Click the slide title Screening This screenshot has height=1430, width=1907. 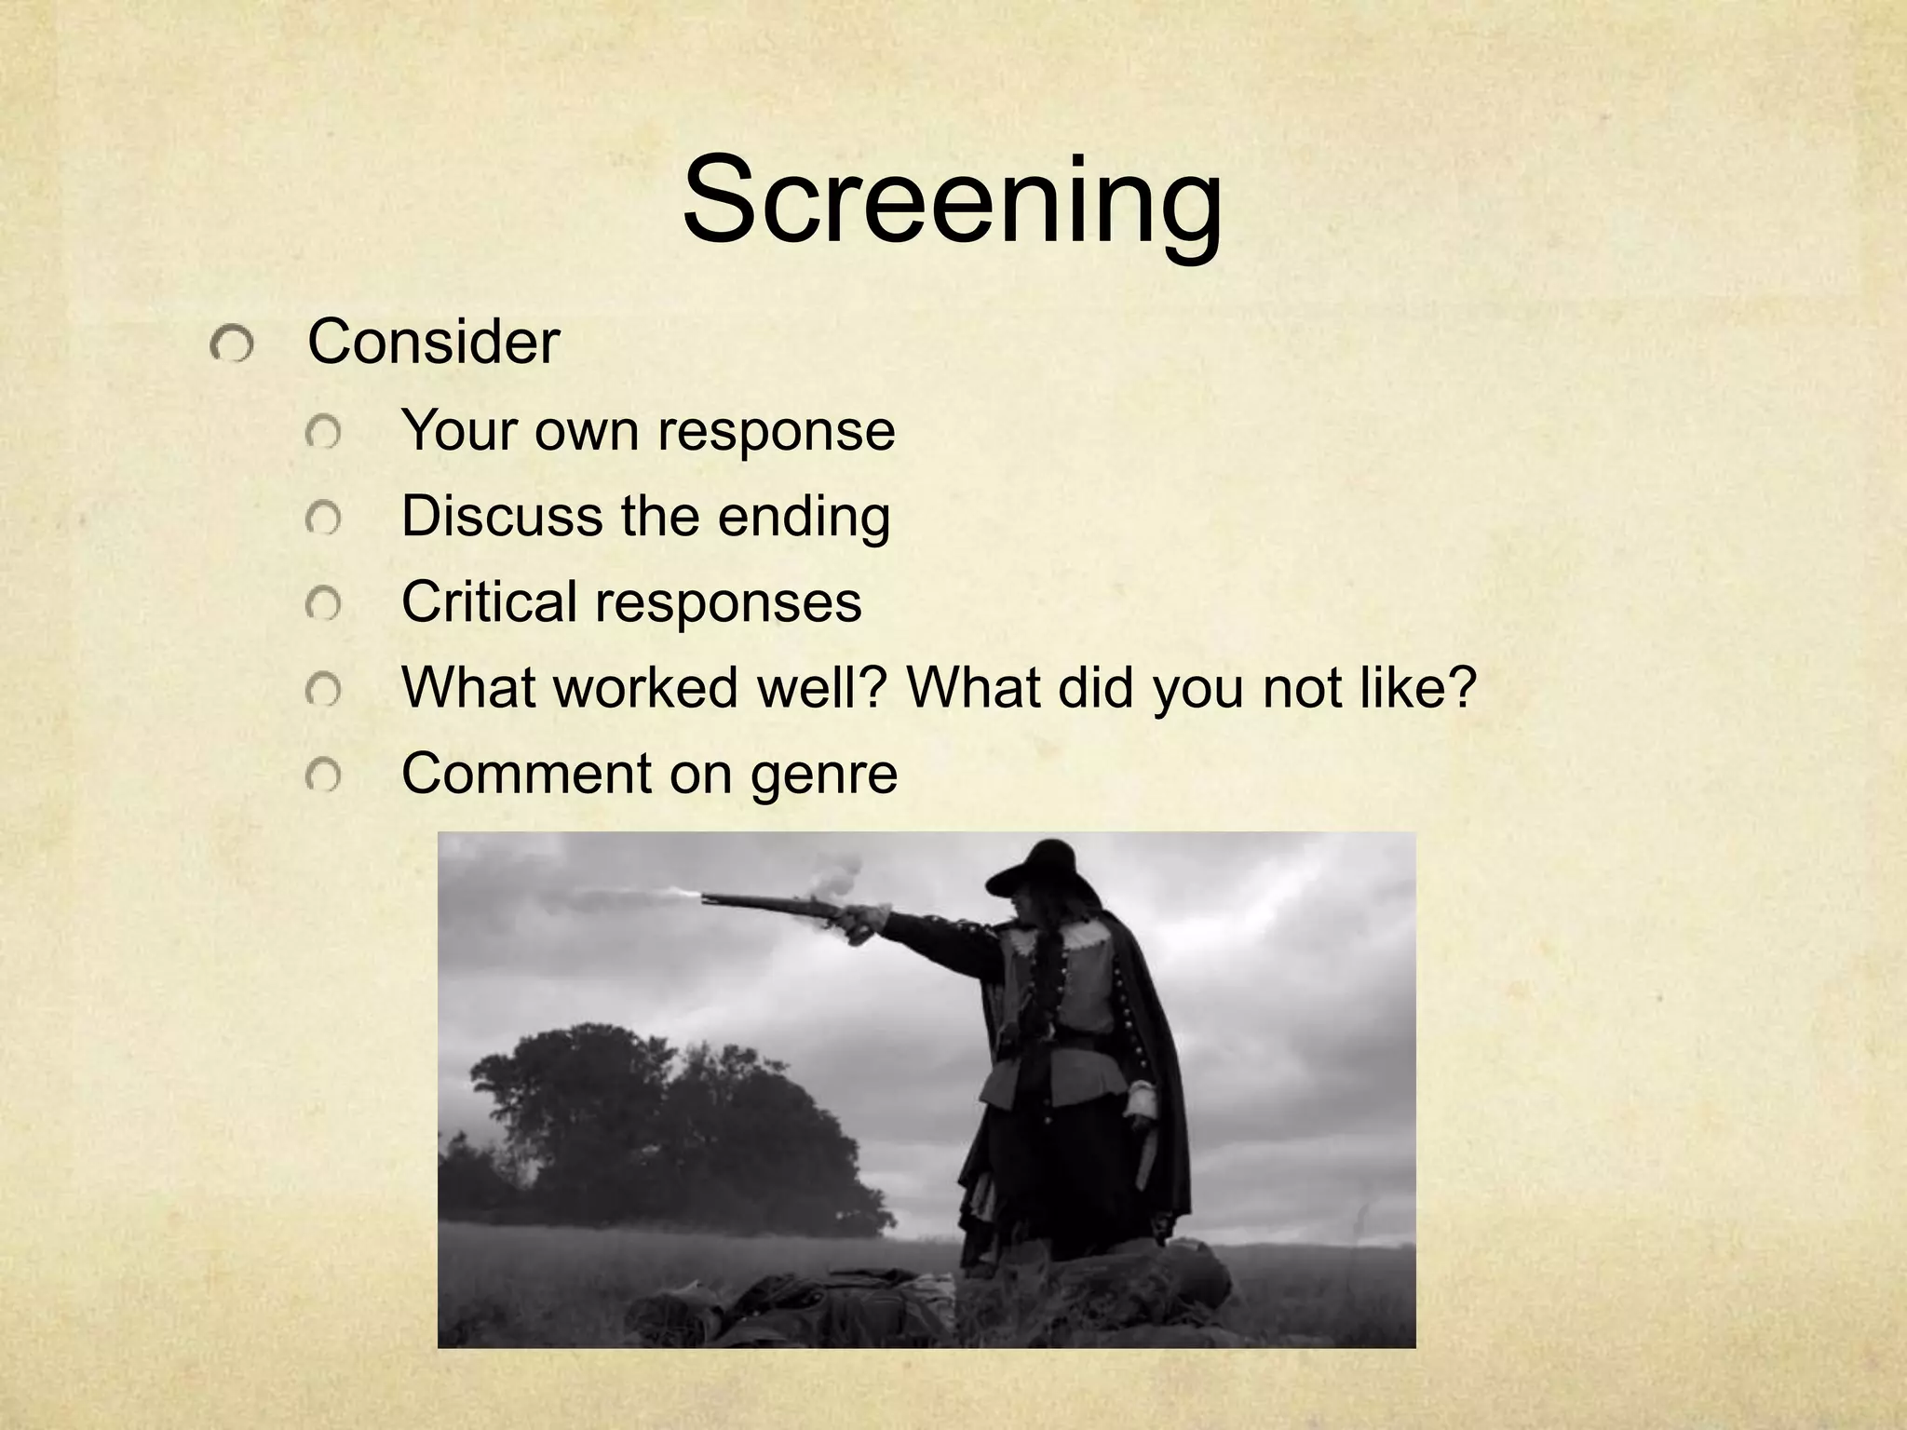pyautogui.click(x=952, y=202)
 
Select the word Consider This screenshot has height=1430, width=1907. pyautogui.click(x=433, y=343)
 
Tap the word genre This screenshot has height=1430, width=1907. pyautogui.click(x=823, y=775)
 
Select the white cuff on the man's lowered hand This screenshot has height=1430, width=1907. pyautogui.click(x=1142, y=1102)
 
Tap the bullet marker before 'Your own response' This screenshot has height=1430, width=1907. pyautogui.click(x=323, y=434)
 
